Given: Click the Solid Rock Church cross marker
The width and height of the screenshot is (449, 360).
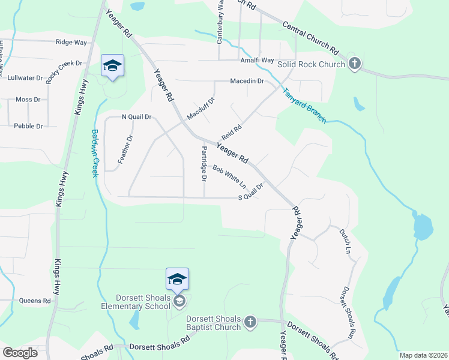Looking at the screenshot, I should point(355,64).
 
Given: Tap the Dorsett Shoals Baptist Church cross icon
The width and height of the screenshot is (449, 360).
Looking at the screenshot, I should point(250,323).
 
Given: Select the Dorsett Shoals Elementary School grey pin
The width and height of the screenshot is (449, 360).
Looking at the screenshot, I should point(179,301).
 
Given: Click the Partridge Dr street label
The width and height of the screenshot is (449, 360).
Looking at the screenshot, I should point(204,163).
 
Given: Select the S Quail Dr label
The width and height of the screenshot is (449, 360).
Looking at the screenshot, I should point(251,193).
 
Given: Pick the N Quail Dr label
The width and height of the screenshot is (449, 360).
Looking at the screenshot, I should point(136,117).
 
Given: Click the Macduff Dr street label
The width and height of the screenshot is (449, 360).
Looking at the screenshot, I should point(200,109).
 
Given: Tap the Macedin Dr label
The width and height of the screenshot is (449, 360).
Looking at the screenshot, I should point(247,81).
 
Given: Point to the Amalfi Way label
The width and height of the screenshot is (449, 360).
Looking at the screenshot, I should point(257,61).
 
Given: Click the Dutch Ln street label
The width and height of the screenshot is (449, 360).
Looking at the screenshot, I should point(344,240).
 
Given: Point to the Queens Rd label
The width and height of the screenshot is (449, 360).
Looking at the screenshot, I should point(35,301).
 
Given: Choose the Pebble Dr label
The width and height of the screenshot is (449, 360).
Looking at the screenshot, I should point(28,126).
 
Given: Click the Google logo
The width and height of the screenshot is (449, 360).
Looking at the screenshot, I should point(20,353).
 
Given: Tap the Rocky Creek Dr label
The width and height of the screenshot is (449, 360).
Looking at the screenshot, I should point(63,72).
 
